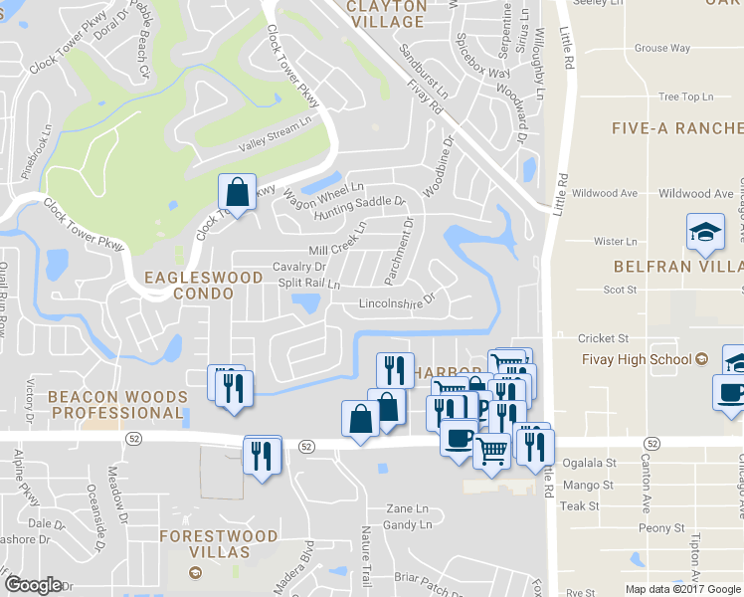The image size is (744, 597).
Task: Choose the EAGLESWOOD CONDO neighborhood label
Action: click(x=189, y=285)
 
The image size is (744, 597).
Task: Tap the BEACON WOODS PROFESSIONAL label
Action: click(x=116, y=404)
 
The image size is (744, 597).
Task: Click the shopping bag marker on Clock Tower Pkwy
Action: click(x=238, y=192)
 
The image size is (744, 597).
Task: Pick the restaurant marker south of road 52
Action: click(x=263, y=457)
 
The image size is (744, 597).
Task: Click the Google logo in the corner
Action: click(x=33, y=585)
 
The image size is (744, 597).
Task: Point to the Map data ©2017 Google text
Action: click(x=683, y=589)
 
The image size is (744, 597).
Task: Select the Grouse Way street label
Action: click(x=662, y=48)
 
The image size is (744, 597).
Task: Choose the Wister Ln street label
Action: click(x=614, y=242)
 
